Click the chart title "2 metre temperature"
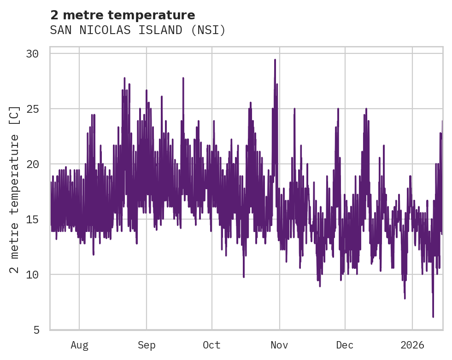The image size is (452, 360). [123, 15]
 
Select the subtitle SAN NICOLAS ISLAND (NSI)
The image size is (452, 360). [138, 30]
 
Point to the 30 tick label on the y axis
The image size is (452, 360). [32, 54]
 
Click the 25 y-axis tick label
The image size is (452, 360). [32, 109]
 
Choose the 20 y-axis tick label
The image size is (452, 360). [32, 164]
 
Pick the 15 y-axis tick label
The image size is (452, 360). [32, 220]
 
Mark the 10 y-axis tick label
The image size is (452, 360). [32, 275]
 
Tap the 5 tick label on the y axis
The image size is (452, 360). [35, 330]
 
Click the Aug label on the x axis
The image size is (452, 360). [79, 345]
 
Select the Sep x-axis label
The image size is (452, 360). [147, 345]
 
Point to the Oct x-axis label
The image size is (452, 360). [211, 345]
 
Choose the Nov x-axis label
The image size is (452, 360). [279, 345]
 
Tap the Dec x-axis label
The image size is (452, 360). [345, 345]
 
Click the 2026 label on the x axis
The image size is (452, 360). [412, 345]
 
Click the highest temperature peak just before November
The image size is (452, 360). [275, 60]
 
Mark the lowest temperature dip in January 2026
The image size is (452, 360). [433, 316]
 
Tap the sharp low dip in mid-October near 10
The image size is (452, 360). [244, 277]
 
